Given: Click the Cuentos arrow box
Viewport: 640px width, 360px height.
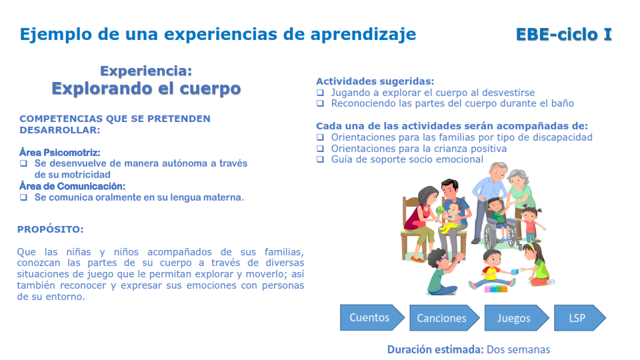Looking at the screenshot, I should pyautogui.click(x=371, y=317).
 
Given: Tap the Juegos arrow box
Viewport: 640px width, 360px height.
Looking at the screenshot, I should pyautogui.click(x=515, y=318).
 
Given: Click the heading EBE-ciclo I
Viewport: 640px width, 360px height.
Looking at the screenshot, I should pyautogui.click(x=563, y=35).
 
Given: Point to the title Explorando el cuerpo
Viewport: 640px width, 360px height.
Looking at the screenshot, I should pyautogui.click(x=146, y=89).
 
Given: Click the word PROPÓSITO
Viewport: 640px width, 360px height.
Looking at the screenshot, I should pyautogui.click(x=51, y=229).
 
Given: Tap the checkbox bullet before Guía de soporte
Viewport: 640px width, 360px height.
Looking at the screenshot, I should pyautogui.click(x=320, y=159).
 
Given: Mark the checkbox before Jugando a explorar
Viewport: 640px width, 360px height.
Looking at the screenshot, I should pyautogui.click(x=320, y=93).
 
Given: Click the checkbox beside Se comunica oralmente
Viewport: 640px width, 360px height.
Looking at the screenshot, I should pyautogui.click(x=23, y=197).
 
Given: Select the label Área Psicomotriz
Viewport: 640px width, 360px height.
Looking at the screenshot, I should pyautogui.click(x=60, y=153).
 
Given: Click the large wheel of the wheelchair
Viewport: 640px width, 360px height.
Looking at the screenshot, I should pyautogui.click(x=492, y=233).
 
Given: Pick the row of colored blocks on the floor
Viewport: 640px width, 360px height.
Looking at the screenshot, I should pyautogui.click(x=497, y=289).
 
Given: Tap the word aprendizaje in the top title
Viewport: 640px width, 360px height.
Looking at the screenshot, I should pyautogui.click(x=363, y=34).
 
